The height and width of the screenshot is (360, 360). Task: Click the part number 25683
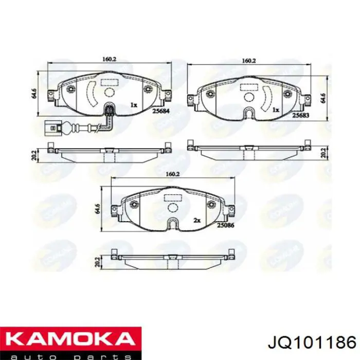[301, 116]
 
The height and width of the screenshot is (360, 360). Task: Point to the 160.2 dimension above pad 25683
[248, 61]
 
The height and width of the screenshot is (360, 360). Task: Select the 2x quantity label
[196, 220]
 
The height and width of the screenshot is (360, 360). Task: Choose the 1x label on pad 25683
[276, 110]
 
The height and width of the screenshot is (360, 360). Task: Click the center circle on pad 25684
[109, 92]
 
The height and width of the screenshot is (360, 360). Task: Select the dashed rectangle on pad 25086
[171, 196]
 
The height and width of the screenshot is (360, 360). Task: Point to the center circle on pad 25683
[249, 97]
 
